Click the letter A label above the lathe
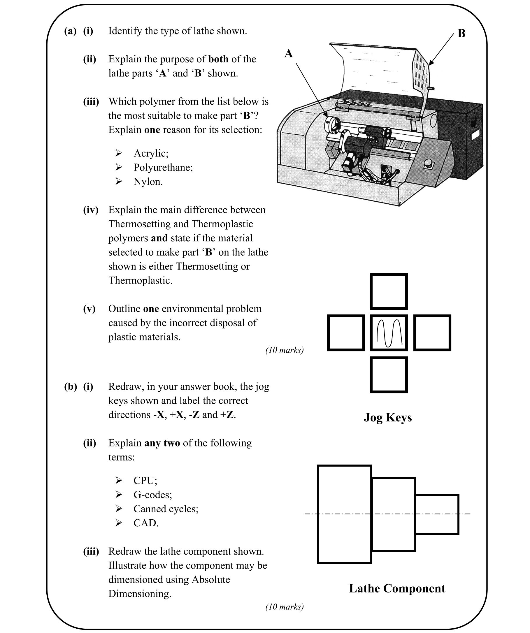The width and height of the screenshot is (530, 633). (289, 53)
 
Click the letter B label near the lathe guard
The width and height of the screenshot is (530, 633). (461, 34)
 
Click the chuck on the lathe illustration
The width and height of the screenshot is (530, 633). (332, 124)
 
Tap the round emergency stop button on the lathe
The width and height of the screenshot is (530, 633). (429, 164)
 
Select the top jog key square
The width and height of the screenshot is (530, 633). (389, 291)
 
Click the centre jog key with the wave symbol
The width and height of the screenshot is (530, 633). (389, 333)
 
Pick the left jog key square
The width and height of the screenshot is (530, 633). (346, 333)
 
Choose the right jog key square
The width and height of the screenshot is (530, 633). (432, 333)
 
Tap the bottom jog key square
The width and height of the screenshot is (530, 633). (389, 375)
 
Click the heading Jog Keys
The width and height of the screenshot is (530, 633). (388, 417)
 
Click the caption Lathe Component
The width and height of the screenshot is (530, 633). (397, 588)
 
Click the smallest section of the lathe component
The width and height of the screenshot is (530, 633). (437, 514)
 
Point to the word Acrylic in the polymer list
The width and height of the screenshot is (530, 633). (151, 153)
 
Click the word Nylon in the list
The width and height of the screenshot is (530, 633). (148, 182)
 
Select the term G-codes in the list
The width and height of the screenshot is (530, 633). (152, 495)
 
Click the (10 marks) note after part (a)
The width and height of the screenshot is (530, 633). (284, 350)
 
